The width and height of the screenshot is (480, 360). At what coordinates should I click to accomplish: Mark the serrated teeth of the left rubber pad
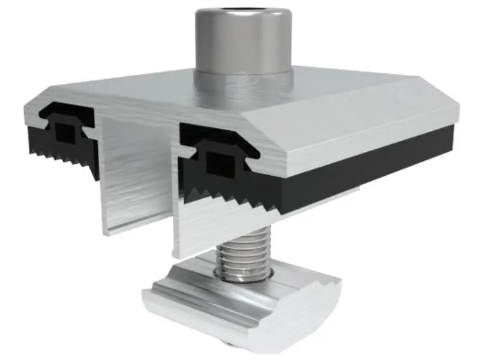(66, 157)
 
